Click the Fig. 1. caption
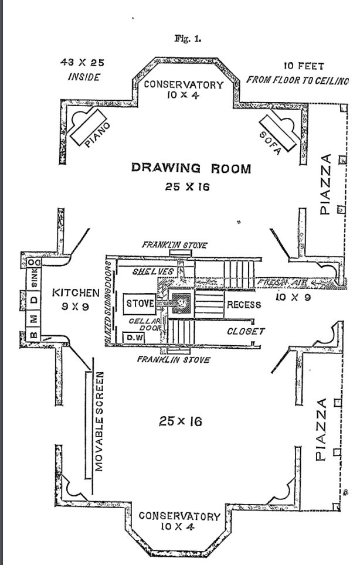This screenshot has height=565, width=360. (188, 39)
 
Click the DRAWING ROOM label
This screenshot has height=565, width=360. (191, 169)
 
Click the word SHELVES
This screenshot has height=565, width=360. (152, 271)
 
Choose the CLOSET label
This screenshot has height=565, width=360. (246, 332)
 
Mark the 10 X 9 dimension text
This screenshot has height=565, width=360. (288, 298)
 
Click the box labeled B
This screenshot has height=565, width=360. (33, 336)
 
